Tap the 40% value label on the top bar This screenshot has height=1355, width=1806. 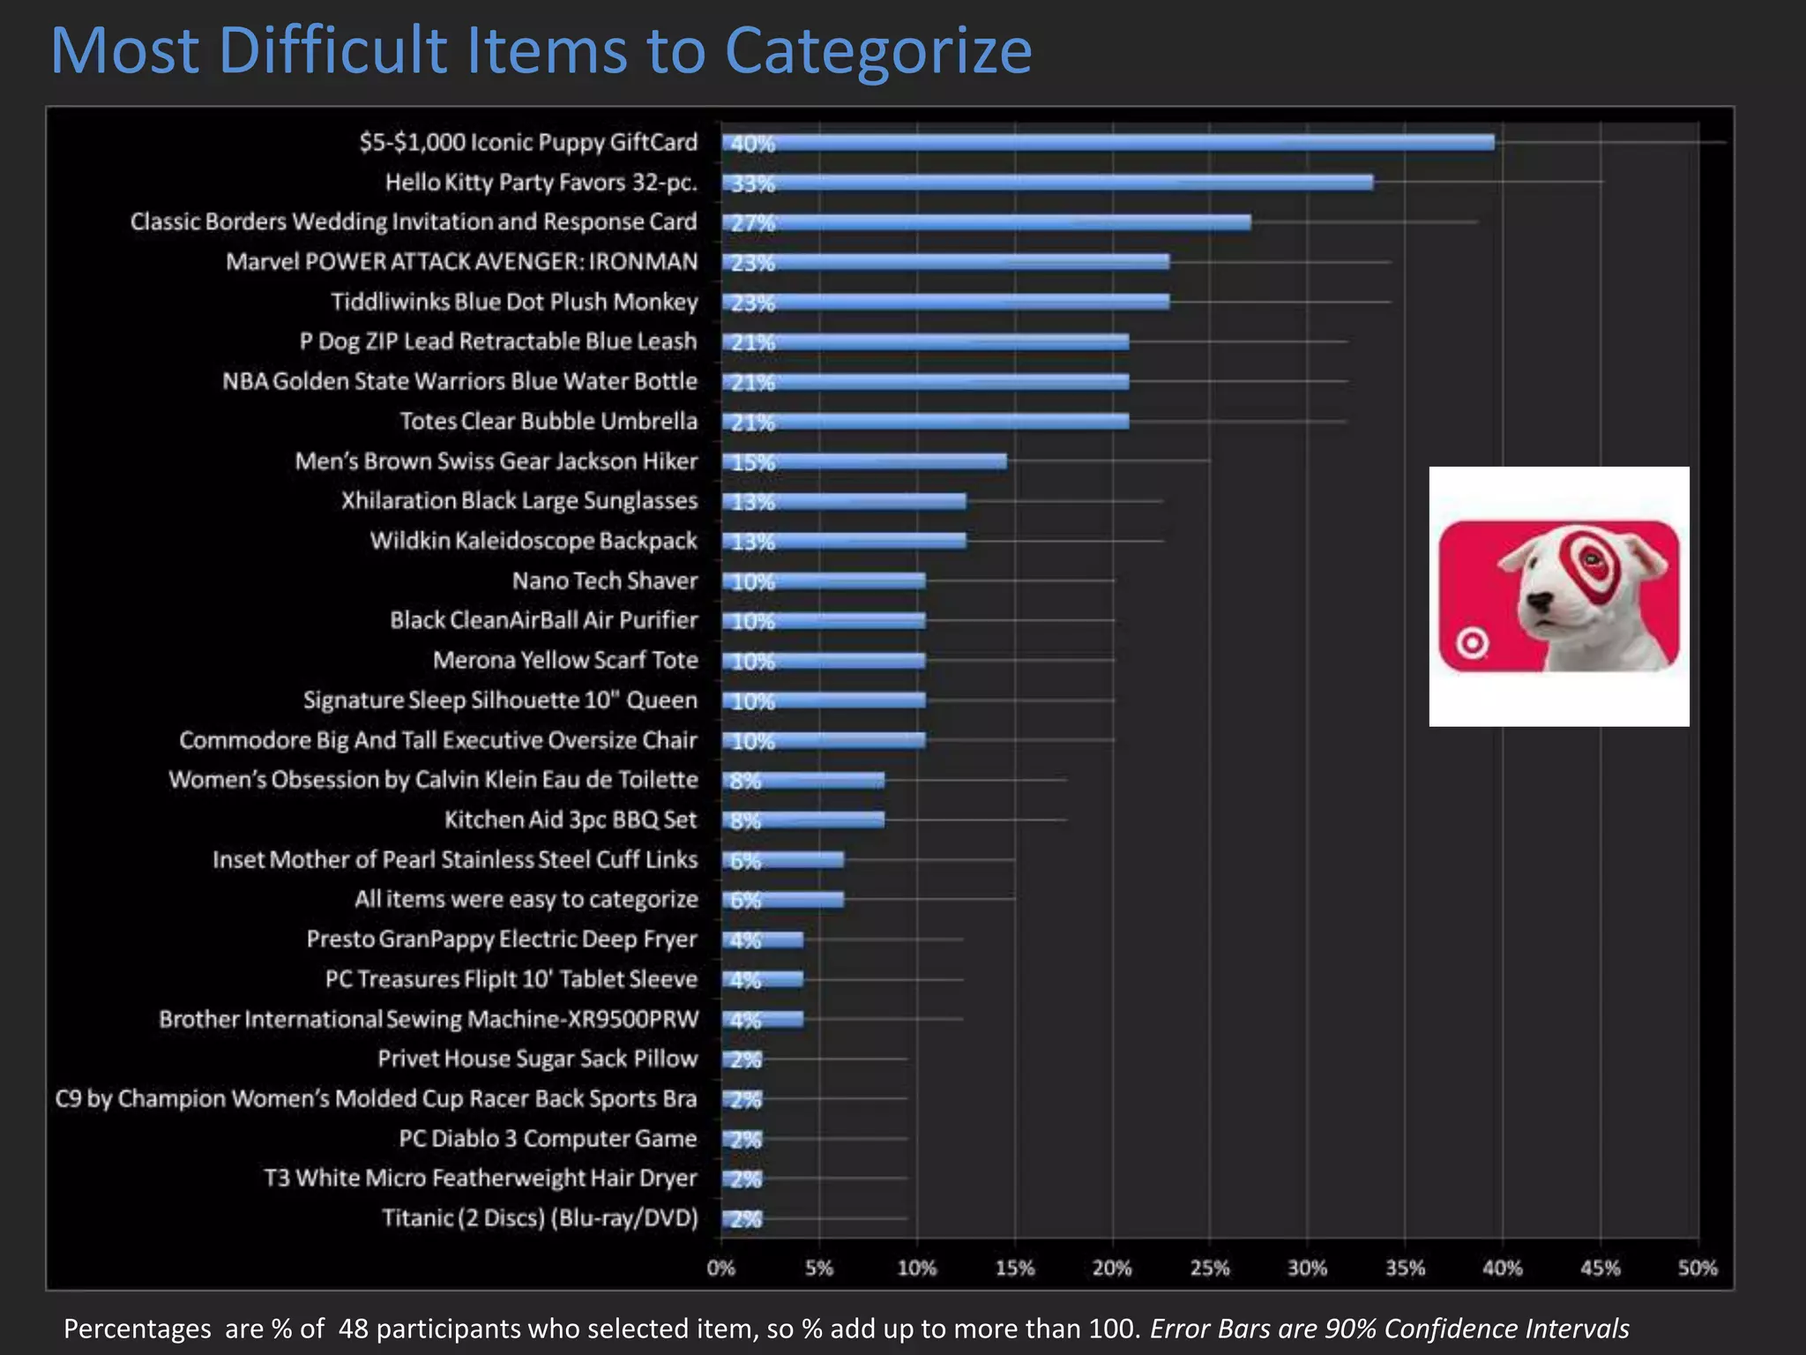pos(752,144)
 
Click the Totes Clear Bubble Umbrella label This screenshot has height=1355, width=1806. pos(549,421)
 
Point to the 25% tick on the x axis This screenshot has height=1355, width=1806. pos(1209,1268)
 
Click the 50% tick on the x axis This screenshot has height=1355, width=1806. pos(1697,1268)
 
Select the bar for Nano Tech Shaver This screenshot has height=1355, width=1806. pos(825,580)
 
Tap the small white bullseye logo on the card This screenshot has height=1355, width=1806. pos(1471,643)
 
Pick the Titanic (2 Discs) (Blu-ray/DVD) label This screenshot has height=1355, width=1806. pos(540,1218)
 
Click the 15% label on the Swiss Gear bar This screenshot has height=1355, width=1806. pos(752,462)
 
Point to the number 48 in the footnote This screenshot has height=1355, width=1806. pos(353,1328)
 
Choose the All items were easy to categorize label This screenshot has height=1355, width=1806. pos(526,899)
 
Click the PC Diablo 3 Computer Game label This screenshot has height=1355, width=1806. pos(548,1139)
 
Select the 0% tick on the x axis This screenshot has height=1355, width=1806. pos(720,1268)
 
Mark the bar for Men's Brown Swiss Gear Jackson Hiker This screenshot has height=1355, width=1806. pos(864,461)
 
